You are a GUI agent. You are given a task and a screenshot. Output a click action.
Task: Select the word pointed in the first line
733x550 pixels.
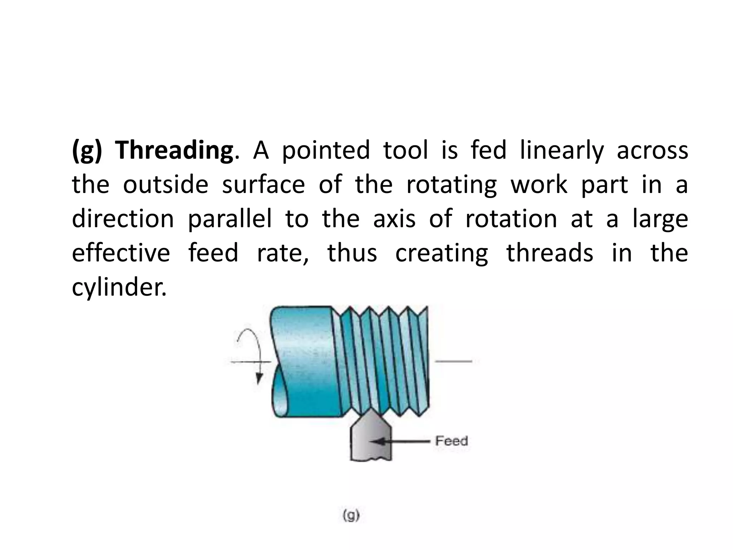pyautogui.click(x=326, y=150)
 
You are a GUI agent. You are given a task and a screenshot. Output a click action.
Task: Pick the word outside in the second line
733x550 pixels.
pyautogui.click(x=165, y=185)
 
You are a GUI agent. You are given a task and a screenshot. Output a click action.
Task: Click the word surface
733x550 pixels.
pyautogui.click(x=263, y=185)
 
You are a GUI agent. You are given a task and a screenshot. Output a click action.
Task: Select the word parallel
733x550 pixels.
pyautogui.click(x=230, y=219)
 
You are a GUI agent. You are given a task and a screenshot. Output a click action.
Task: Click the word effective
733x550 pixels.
pyautogui.click(x=121, y=253)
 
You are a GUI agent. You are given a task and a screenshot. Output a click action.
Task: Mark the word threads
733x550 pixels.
pyautogui.click(x=550, y=253)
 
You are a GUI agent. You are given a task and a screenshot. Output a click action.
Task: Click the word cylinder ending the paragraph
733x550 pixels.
pyautogui.click(x=119, y=288)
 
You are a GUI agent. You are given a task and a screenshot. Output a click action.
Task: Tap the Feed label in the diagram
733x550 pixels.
pyautogui.click(x=451, y=441)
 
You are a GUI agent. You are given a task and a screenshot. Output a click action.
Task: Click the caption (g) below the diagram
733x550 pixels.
pyautogui.click(x=351, y=516)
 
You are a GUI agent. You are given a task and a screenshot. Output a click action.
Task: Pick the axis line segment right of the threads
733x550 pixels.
pyautogui.click(x=453, y=361)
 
